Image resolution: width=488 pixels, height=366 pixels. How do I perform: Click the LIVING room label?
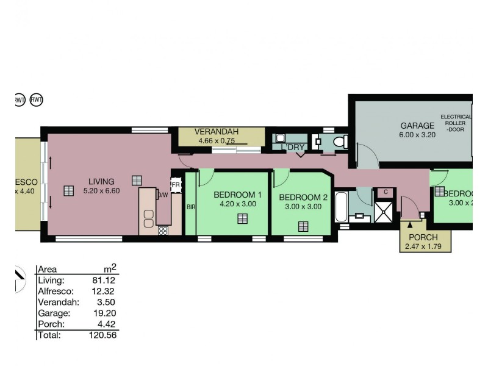click(101, 181)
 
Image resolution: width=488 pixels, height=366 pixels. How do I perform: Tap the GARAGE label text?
click(417, 126)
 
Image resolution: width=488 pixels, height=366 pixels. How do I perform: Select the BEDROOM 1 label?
click(238, 195)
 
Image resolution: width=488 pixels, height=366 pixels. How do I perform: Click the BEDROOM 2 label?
click(303, 198)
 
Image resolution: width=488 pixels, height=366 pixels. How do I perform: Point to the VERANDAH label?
click(216, 132)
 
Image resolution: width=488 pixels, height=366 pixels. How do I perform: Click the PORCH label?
click(424, 237)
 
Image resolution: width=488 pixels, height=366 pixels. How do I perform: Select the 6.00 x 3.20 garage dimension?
click(417, 135)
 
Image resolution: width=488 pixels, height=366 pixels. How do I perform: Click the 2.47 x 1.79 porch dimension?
click(424, 246)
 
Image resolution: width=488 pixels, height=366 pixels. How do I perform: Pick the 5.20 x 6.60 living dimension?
click(101, 190)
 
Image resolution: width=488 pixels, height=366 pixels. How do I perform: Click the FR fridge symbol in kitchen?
click(176, 185)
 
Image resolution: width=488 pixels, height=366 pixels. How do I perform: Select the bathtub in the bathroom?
click(341, 207)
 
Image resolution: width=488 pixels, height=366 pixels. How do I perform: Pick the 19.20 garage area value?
click(106, 312)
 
